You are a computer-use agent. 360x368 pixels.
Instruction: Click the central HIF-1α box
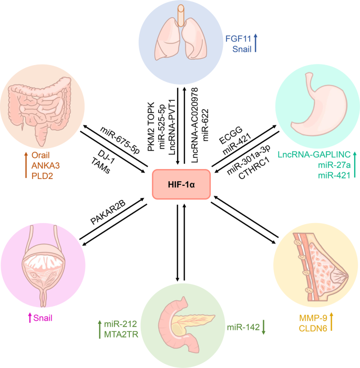pos(181,184)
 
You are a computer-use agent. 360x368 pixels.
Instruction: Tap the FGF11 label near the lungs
pos(238,38)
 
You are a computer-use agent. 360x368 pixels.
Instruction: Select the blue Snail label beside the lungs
pos(242,49)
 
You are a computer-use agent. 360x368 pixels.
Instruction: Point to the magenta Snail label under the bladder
pos(43,318)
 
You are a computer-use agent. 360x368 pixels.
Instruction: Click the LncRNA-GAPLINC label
pos(314,154)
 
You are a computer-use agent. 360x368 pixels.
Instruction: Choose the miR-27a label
pos(334,165)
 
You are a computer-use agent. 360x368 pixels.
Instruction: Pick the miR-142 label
pos(243,327)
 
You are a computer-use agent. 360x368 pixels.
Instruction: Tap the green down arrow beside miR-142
pos(263,327)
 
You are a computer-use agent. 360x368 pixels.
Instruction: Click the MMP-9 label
pos(313,318)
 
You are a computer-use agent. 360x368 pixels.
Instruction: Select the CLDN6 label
pos(313,329)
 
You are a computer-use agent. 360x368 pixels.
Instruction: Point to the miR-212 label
pos(120,324)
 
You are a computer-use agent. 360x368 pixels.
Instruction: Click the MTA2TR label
pos(121,334)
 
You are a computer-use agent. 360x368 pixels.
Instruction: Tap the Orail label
pos(40,155)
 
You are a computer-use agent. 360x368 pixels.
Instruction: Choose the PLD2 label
pos(42,176)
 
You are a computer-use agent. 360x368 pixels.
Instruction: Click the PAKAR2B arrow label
pos(108,212)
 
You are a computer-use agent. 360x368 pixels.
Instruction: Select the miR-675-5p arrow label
pos(120,140)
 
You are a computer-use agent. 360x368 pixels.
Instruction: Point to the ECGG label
pos(231,135)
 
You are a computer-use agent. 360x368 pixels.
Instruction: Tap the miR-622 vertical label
pos(205,125)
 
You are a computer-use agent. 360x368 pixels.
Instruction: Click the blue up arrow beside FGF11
pos(255,43)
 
